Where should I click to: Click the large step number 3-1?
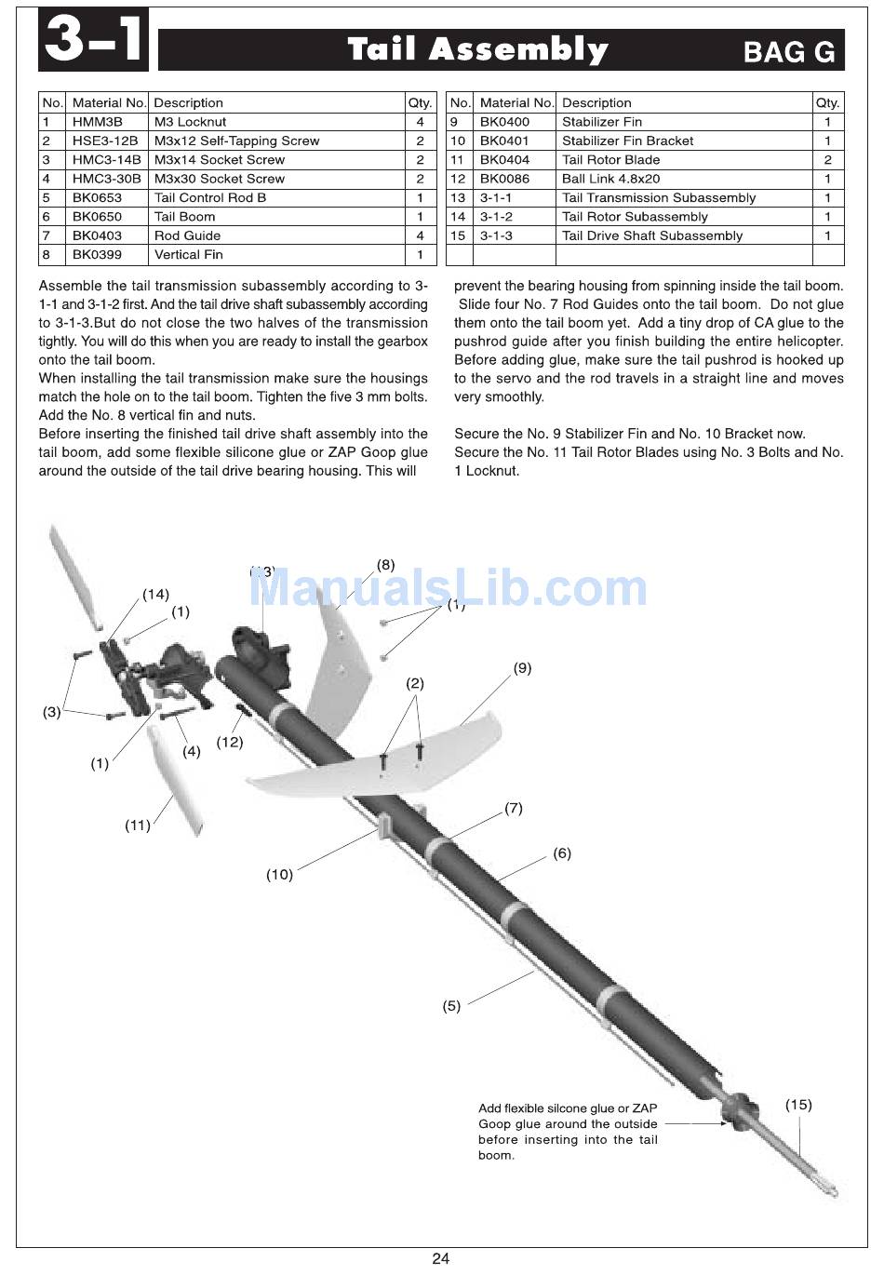pos(93,39)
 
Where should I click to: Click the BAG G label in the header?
pos(789,52)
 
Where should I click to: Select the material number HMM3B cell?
pos(107,122)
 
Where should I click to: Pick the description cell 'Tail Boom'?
pos(276,216)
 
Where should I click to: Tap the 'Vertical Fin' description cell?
pos(276,254)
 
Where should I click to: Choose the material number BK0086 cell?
pos(515,179)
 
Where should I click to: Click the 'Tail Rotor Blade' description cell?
pos(684,160)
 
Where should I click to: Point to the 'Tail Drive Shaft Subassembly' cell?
pos(684,235)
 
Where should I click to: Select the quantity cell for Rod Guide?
pos(420,235)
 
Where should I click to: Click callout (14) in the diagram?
pos(155,595)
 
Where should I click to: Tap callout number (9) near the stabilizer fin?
pos(522,667)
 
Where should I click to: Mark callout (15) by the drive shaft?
pos(798,1105)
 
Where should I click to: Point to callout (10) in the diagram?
pos(279,874)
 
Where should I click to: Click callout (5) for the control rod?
pos(451,1006)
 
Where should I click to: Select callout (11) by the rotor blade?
pos(137,825)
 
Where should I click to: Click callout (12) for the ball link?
pos(230,743)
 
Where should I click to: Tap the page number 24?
pos(440,1258)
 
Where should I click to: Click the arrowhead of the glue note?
pos(724,1124)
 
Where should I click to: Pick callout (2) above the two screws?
pos(414,683)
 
